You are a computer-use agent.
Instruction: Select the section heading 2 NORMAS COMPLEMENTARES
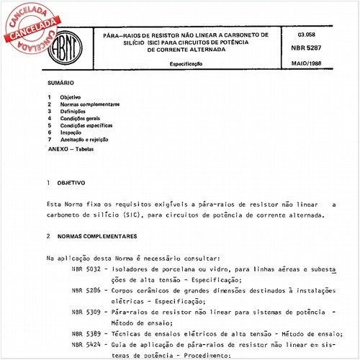click(x=90, y=236)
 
